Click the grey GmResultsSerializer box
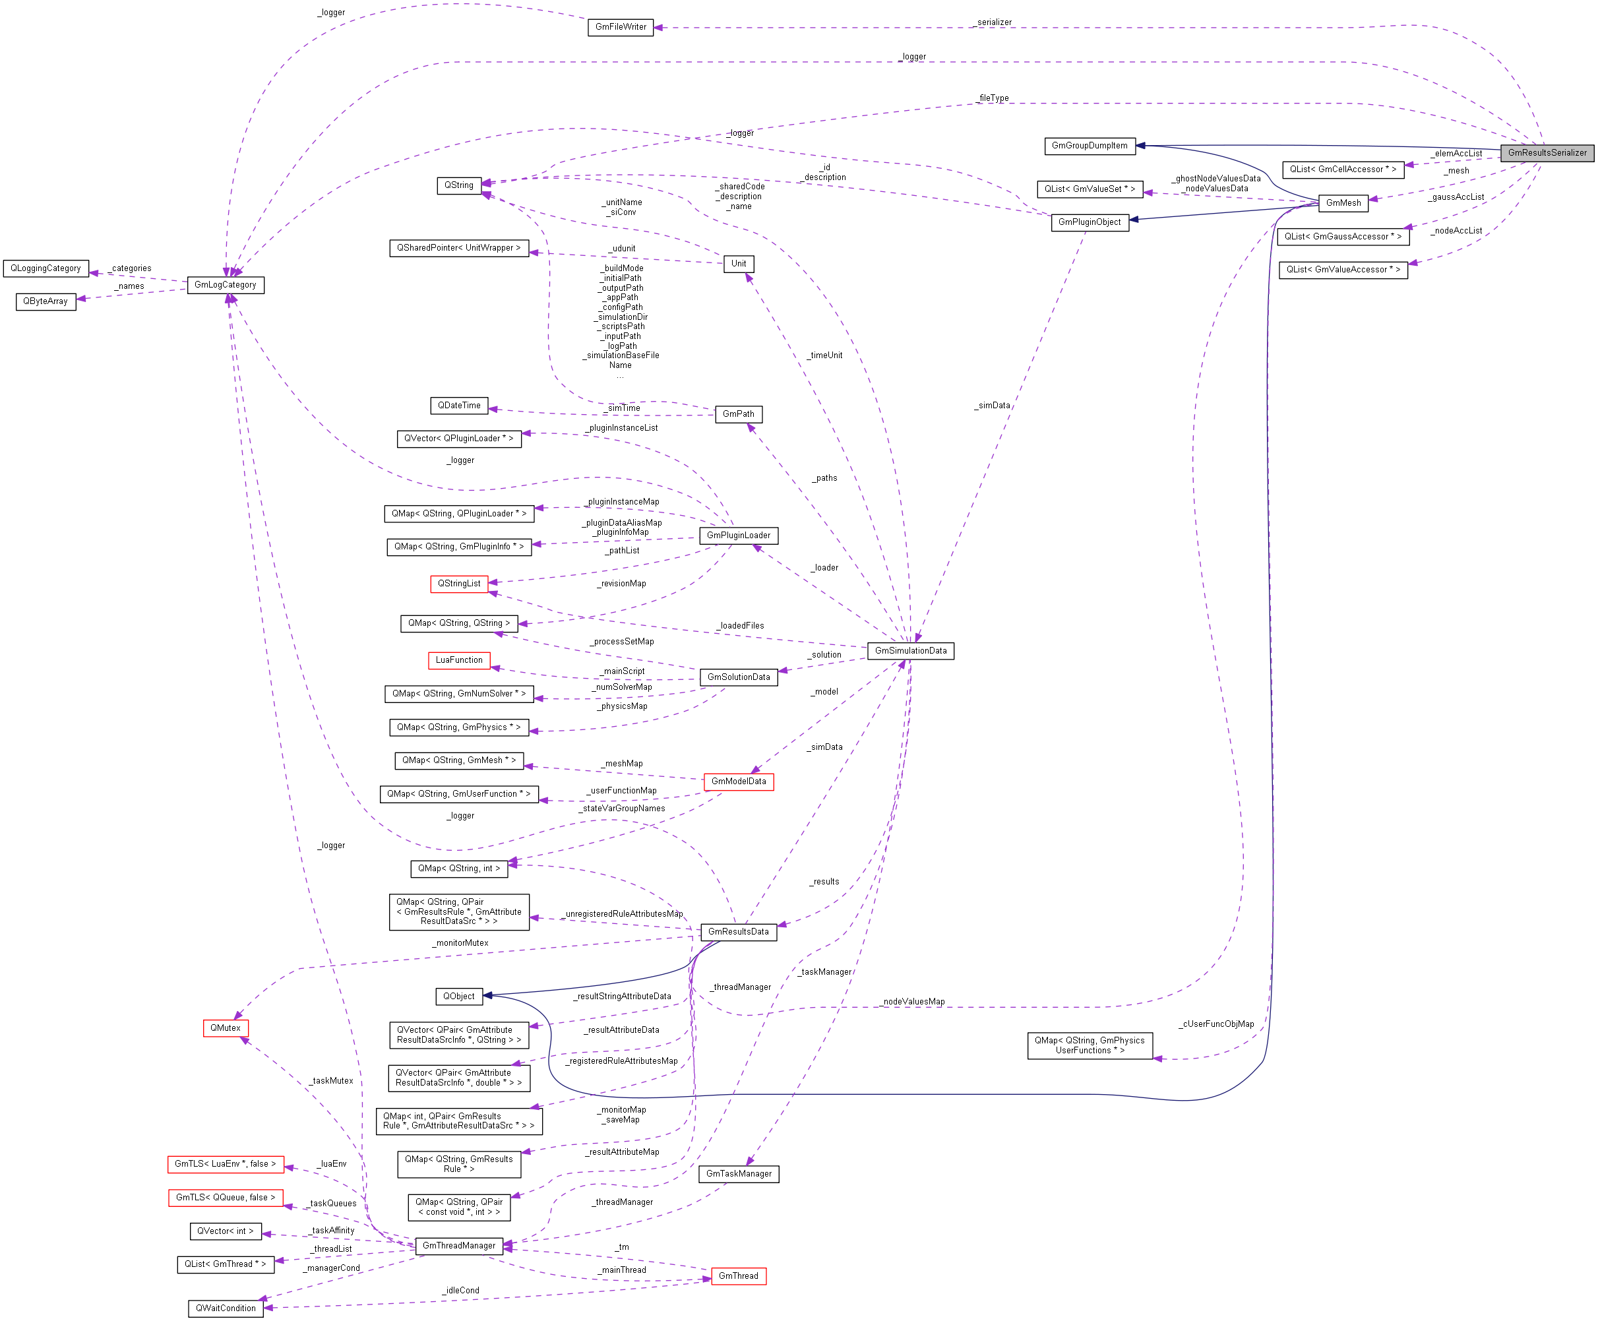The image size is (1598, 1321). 1547,153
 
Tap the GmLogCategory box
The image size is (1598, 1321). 226,286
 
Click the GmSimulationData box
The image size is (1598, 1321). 910,652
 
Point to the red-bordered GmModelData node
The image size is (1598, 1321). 738,782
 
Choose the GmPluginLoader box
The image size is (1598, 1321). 738,536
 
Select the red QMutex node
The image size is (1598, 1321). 226,1029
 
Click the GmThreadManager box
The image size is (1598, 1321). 459,1246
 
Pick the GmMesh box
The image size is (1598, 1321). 1343,203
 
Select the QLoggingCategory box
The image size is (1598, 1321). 46,268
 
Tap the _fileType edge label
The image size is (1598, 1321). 993,98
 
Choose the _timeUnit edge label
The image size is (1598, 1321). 826,355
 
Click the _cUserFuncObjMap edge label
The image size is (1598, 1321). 1216,1024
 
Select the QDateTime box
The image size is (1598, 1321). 459,406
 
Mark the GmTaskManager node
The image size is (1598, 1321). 738,1174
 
